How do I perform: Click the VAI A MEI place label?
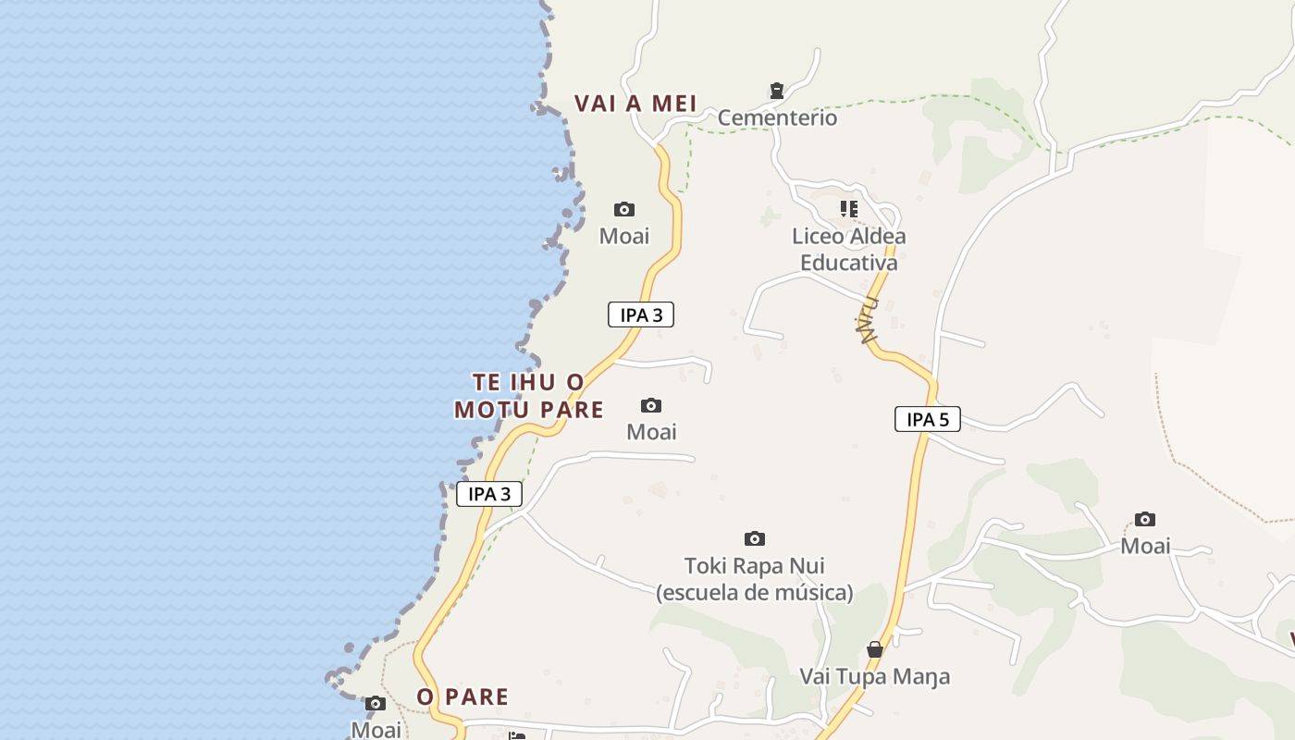click(635, 104)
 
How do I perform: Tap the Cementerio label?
click(777, 118)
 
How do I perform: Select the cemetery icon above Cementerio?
click(777, 91)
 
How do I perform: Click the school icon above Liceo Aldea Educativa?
click(848, 209)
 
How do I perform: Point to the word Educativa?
click(848, 263)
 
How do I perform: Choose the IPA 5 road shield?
click(927, 419)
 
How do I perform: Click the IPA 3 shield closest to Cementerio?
click(640, 314)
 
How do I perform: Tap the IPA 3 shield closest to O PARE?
click(489, 494)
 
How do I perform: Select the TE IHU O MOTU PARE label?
click(529, 396)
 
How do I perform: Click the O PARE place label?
click(462, 697)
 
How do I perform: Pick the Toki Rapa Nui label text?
click(754, 566)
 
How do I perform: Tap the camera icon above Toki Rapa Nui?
click(755, 538)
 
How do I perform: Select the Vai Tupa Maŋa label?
click(874, 677)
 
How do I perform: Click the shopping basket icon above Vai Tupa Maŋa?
click(874, 650)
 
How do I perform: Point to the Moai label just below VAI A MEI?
click(624, 236)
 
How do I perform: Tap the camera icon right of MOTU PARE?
click(651, 405)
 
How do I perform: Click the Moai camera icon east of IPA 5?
click(1145, 519)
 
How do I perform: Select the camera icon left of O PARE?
click(375, 704)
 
